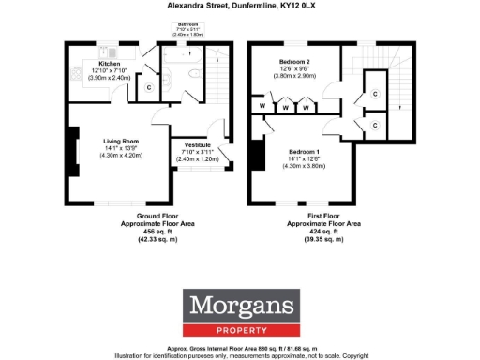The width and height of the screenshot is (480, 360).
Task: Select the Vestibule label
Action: [197, 144]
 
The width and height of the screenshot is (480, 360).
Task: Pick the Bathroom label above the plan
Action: [189, 22]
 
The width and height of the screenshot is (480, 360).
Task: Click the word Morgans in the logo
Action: [240, 305]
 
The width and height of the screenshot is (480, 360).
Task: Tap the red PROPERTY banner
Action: [240, 328]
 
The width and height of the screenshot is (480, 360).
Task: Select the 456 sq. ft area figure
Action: [137, 232]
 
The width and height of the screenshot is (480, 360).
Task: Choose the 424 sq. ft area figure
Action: [323, 232]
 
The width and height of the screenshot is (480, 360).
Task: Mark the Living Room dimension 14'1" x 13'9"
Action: [122, 148]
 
